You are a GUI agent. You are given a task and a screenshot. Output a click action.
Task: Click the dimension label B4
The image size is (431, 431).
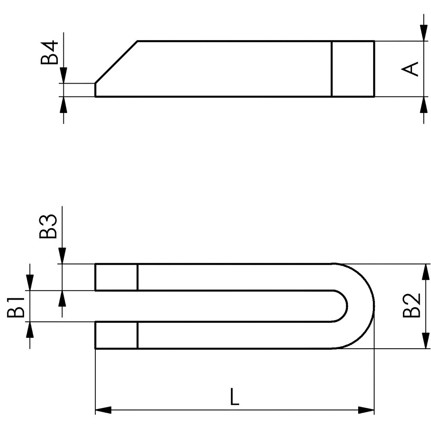[50, 53]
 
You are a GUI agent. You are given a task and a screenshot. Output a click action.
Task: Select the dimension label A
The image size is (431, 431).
[410, 69]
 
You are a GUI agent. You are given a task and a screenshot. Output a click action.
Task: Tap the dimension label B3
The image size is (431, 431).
[48, 226]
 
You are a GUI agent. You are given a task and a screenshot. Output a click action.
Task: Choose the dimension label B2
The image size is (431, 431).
[412, 306]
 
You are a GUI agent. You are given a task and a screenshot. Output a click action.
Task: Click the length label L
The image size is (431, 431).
[234, 397]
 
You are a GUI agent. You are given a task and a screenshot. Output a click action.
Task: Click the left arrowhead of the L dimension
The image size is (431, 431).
[103, 410]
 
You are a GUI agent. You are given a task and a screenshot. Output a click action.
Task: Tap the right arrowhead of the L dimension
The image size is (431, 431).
[366, 410]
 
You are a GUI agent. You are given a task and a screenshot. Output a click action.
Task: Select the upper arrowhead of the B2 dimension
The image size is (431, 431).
[426, 272]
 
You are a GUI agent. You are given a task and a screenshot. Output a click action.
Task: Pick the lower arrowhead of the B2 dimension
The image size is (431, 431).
[426, 340]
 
